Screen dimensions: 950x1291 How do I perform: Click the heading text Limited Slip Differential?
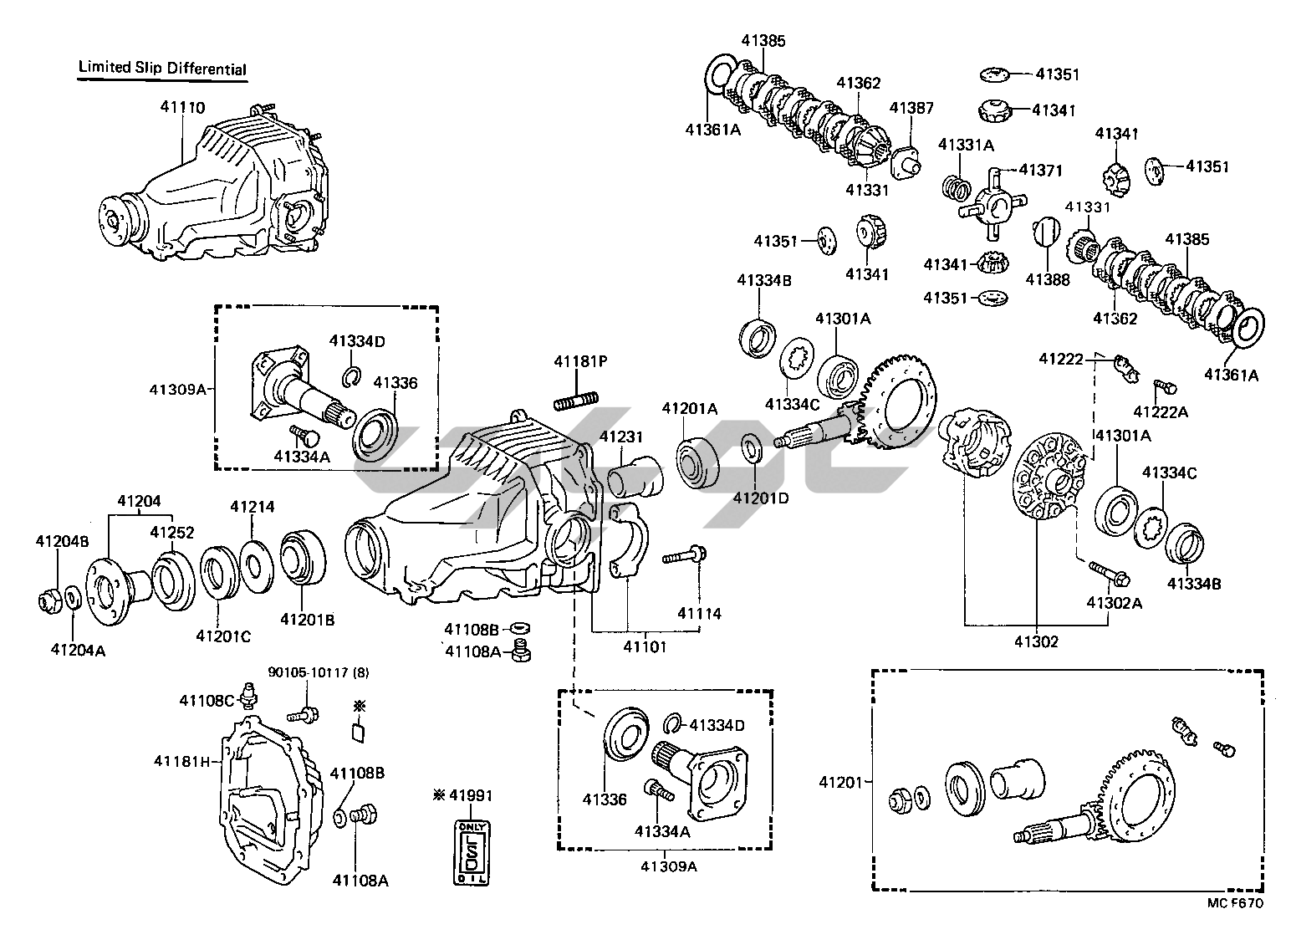[x=162, y=68]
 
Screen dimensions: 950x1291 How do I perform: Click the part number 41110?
[x=182, y=108]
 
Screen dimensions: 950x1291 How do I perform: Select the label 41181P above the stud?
[x=579, y=361]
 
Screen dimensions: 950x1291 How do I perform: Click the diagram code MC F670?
[x=1235, y=903]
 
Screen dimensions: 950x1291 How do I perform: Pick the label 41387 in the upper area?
[x=911, y=108]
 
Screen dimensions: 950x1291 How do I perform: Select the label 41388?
[x=1048, y=280]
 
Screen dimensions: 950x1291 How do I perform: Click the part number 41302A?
[x=1114, y=602]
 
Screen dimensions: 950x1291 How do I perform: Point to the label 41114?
[x=699, y=613]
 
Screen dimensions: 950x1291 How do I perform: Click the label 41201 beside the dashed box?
[x=839, y=782]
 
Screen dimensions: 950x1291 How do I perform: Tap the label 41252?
[x=172, y=532]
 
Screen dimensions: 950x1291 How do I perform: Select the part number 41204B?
[x=60, y=541]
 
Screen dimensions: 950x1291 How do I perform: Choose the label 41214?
[x=253, y=507]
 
